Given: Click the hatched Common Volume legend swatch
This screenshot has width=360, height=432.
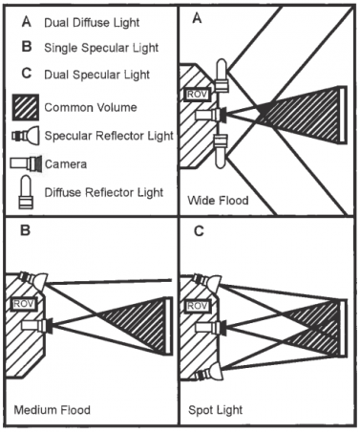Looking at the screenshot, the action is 26,107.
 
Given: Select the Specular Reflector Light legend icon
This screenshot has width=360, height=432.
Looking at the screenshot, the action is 26,136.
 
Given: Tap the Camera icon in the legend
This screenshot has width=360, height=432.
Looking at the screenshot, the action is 26,163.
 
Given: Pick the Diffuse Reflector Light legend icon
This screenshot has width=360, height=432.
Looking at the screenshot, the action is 26,192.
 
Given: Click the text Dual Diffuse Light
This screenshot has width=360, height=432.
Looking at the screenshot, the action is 92,23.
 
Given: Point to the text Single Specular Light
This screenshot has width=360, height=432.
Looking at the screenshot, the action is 101,48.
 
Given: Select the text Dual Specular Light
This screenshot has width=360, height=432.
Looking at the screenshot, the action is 96,75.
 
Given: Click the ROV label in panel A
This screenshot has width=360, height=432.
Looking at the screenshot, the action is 198,95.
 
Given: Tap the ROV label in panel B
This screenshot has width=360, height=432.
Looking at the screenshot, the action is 24,304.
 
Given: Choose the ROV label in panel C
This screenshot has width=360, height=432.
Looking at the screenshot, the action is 198,306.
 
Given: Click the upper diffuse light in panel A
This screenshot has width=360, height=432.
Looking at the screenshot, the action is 222,76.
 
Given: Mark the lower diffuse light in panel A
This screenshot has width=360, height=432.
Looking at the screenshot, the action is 221,151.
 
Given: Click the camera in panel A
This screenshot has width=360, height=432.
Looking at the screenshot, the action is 211,115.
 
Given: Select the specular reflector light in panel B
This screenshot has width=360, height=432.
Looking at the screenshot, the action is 33,280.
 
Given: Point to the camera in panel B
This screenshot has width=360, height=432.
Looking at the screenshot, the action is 37,325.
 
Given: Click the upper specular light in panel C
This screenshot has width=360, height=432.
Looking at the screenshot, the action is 207,282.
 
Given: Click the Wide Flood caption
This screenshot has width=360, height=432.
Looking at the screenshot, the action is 218,201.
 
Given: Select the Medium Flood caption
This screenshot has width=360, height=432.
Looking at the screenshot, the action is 53,409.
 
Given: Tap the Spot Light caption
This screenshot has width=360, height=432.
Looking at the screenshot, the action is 216,410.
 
